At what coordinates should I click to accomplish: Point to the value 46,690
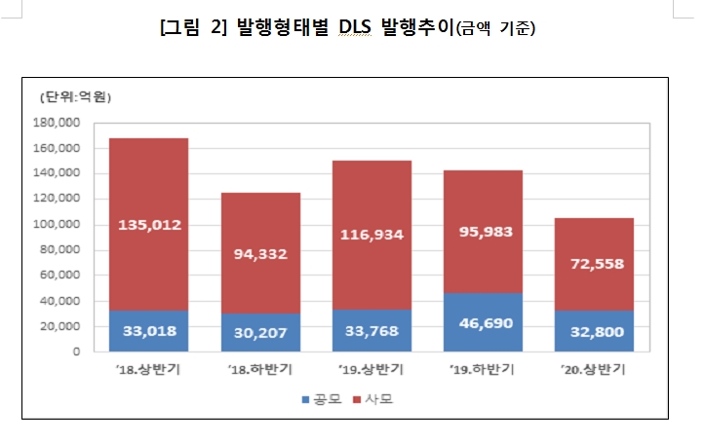483,331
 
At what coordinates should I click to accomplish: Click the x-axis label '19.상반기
372,371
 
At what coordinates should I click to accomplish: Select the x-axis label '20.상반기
595,371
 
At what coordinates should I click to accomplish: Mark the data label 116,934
372,235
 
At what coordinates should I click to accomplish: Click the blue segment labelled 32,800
595,331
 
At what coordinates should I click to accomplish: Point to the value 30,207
260,331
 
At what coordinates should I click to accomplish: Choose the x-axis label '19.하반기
483,371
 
